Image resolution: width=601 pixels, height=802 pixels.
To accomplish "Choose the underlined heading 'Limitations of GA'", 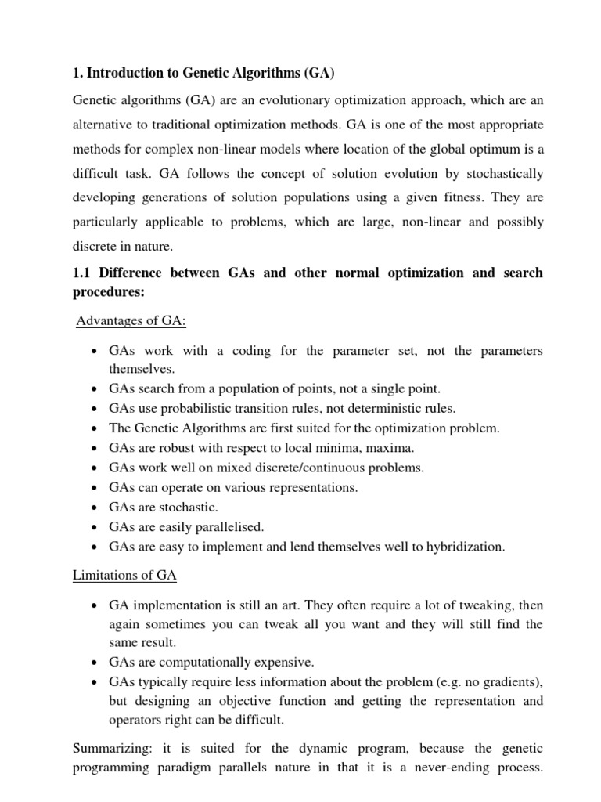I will point(124,576).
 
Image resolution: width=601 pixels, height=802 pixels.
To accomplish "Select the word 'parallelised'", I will point(225,527).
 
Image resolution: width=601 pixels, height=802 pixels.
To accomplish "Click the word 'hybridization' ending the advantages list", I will point(465,547).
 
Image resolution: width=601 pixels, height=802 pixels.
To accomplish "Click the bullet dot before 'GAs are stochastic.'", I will point(93,508).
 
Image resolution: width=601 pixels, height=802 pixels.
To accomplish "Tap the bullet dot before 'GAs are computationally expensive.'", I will point(93,662).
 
